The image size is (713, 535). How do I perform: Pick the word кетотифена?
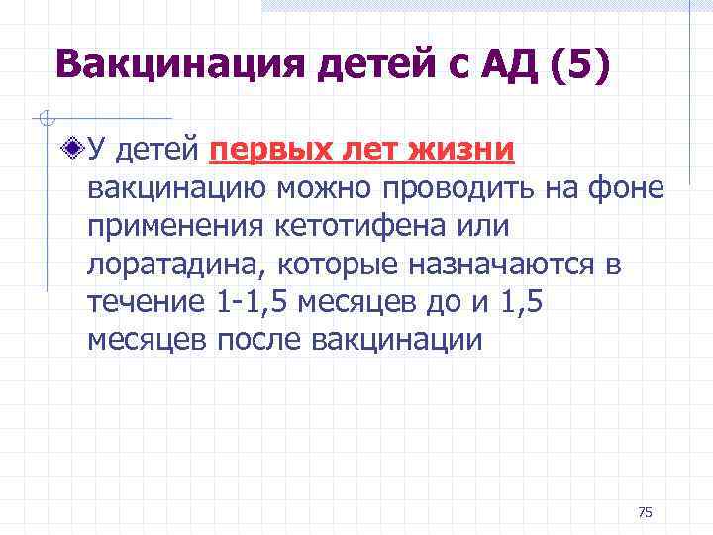click(372, 226)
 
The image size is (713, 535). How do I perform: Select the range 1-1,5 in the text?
click(246, 301)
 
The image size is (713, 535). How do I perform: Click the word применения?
click(174, 226)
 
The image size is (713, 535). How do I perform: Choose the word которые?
click(334, 264)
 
